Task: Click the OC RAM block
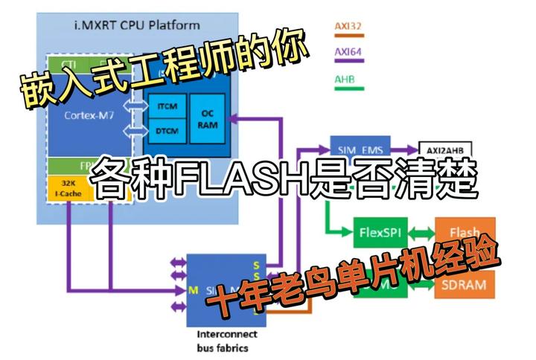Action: click(208, 119)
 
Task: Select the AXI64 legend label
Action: click(347, 53)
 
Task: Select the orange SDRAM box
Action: click(464, 283)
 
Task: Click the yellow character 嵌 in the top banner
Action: click(31, 91)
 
